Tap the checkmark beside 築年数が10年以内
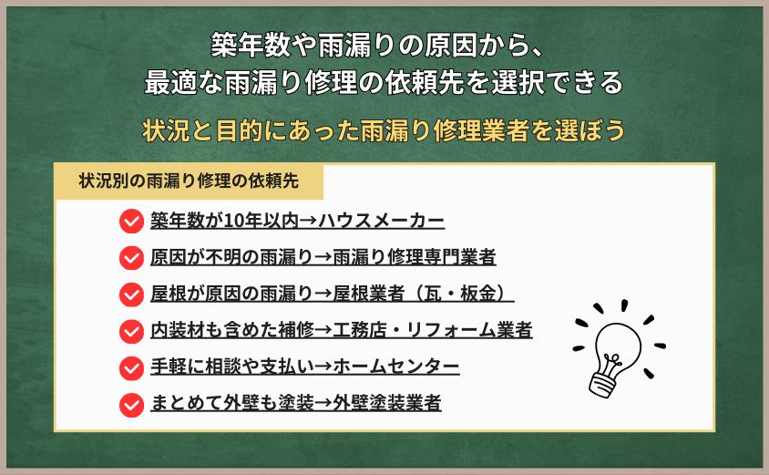(x=131, y=221)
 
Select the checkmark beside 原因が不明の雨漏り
(x=131, y=257)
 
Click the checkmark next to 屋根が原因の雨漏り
(x=131, y=294)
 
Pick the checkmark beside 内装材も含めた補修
(x=131, y=330)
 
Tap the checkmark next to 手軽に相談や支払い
(x=131, y=367)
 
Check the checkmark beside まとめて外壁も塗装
(x=131, y=403)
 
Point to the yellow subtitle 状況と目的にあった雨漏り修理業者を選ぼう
(x=384, y=130)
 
